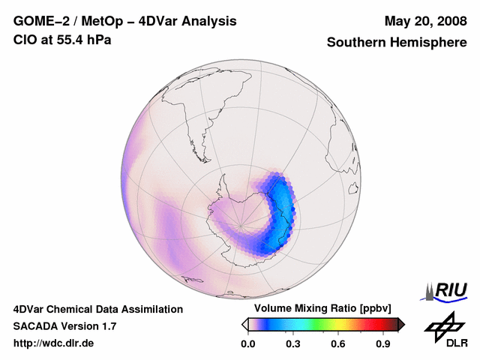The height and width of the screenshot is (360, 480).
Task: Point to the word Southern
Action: [357, 43]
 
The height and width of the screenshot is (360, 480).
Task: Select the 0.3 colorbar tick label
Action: [293, 344]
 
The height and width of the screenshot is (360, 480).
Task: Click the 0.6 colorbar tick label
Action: [339, 344]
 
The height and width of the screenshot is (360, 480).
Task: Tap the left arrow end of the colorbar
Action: [244, 324]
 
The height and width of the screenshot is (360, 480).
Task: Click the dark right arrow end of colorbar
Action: [401, 324]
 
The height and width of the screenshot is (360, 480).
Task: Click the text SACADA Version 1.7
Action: [64, 326]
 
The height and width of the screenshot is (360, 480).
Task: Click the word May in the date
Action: [397, 21]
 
